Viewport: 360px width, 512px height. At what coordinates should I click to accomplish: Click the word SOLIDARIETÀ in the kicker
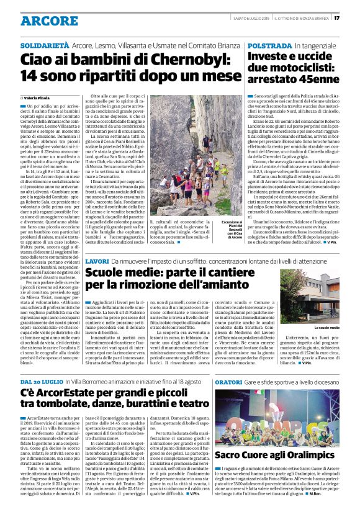point(44,47)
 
